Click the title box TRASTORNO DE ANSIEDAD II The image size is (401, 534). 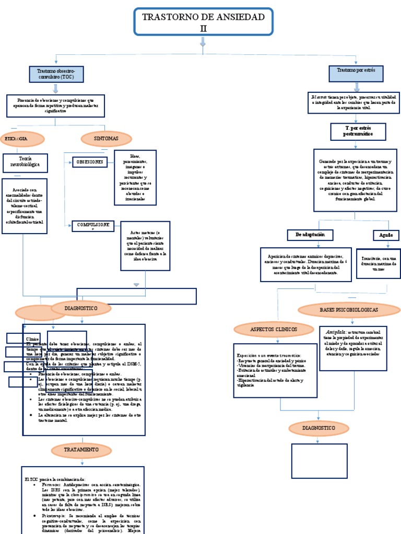pos(203,22)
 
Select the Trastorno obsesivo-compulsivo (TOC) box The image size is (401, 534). pos(56,74)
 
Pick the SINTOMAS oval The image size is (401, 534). pos(107,138)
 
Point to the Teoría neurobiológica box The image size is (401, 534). pos(26,163)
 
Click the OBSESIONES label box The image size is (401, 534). pos(90,162)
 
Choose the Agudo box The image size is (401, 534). pos(386,236)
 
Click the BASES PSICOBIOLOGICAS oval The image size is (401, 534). pos(349,310)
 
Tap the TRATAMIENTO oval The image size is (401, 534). pos(81,449)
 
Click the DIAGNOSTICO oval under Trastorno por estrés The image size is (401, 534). pos(319,428)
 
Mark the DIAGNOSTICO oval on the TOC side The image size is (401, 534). pos(81,309)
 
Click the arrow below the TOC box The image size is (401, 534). pos(55,89)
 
